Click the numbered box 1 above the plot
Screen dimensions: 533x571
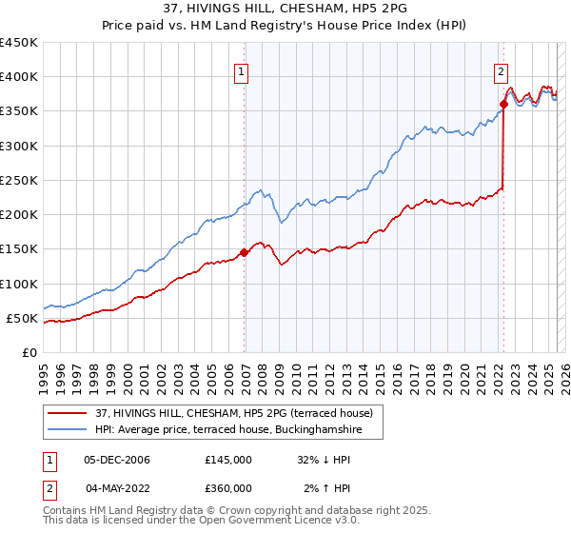241,69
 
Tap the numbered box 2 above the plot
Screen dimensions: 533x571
501,69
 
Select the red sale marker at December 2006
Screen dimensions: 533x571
245,252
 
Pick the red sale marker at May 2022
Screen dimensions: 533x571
503,105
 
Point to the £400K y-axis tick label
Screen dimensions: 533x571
18,77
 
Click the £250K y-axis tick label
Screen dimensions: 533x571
18,180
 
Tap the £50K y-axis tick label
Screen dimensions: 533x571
22,318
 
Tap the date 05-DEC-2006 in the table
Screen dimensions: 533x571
117,460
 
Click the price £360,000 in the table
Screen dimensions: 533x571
227,488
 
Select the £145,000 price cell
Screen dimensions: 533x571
227,460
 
